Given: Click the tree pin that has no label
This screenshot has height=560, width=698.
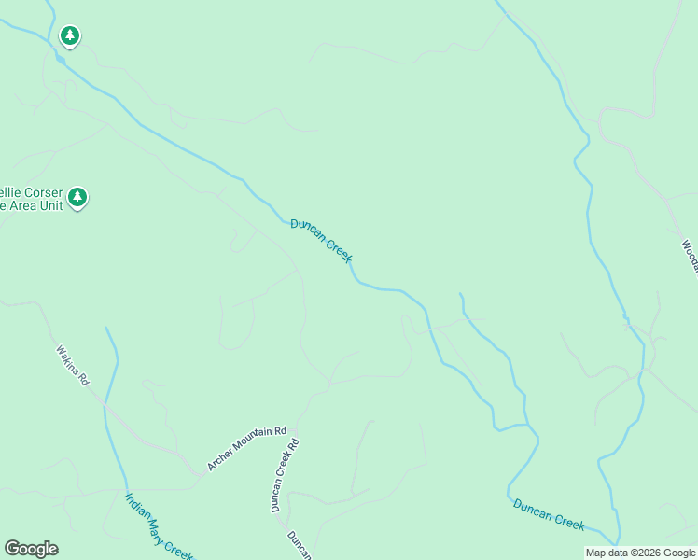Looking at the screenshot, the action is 69,36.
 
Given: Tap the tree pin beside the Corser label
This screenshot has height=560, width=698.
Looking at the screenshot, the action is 77,197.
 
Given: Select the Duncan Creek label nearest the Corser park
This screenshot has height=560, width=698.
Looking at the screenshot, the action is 321,241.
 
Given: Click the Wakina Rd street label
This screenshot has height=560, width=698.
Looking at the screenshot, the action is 71,367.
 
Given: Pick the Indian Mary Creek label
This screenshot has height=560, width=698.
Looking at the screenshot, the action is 159,526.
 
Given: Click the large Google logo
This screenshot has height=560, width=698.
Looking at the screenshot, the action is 31,549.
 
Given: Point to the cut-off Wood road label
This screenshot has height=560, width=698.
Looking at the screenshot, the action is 689,257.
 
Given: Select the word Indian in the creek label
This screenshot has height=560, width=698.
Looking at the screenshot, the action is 136,506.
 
